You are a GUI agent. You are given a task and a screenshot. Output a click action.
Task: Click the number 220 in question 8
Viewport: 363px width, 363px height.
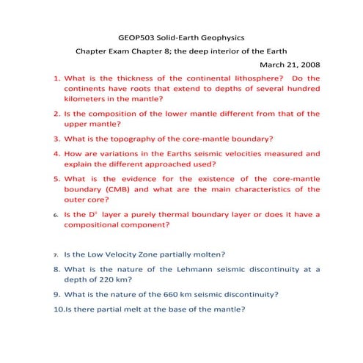(106, 279)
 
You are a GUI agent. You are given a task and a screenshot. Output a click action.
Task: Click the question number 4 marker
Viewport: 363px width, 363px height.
(56, 154)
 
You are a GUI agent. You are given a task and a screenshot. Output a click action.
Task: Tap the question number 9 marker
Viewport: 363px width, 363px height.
(56, 294)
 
